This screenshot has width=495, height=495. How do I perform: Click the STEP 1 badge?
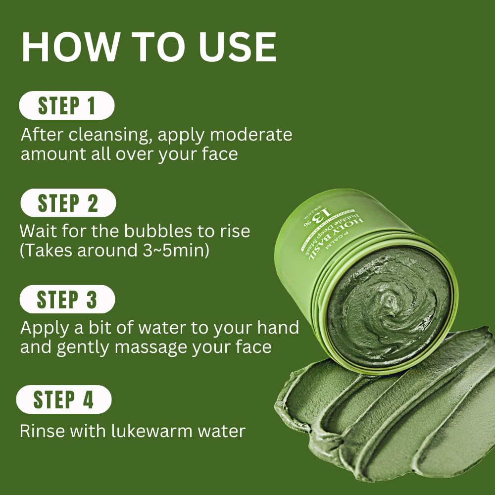coord(66,106)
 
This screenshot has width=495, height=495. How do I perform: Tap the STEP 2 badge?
coord(68,203)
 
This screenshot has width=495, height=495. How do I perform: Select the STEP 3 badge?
coord(67,299)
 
